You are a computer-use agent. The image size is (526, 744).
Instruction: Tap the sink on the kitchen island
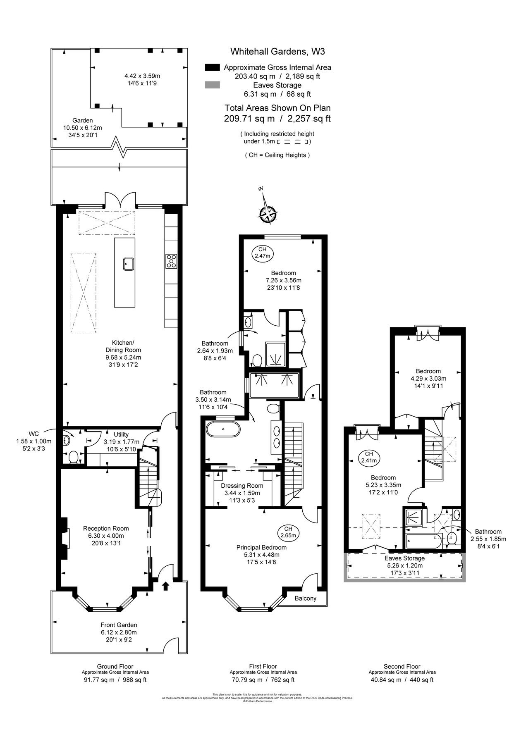128,263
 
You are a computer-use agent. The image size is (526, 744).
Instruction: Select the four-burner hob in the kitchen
171,261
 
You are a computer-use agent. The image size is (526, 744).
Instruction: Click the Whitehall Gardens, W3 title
277,52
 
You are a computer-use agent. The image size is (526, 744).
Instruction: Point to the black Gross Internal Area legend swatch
213,67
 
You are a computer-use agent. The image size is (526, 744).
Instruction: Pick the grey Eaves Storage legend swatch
213,86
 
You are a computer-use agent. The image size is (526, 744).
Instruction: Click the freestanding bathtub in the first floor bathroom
223,429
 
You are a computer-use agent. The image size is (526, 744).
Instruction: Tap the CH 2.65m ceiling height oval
288,532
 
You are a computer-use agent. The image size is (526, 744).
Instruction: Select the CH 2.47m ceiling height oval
262,253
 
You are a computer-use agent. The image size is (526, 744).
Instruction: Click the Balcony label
306,598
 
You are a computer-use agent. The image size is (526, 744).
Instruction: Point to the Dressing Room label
242,486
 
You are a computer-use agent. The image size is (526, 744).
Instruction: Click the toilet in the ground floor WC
73,457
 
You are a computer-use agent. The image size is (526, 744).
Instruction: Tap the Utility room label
121,434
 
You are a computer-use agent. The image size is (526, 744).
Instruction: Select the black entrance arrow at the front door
166,586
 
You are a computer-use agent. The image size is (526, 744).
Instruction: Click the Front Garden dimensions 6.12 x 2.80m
119,632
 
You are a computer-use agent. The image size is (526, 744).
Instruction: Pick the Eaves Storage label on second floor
405,558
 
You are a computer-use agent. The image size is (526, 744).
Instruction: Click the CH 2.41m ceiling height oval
369,457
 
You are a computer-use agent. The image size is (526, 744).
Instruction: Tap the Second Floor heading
402,666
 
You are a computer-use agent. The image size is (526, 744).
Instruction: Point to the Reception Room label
106,528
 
